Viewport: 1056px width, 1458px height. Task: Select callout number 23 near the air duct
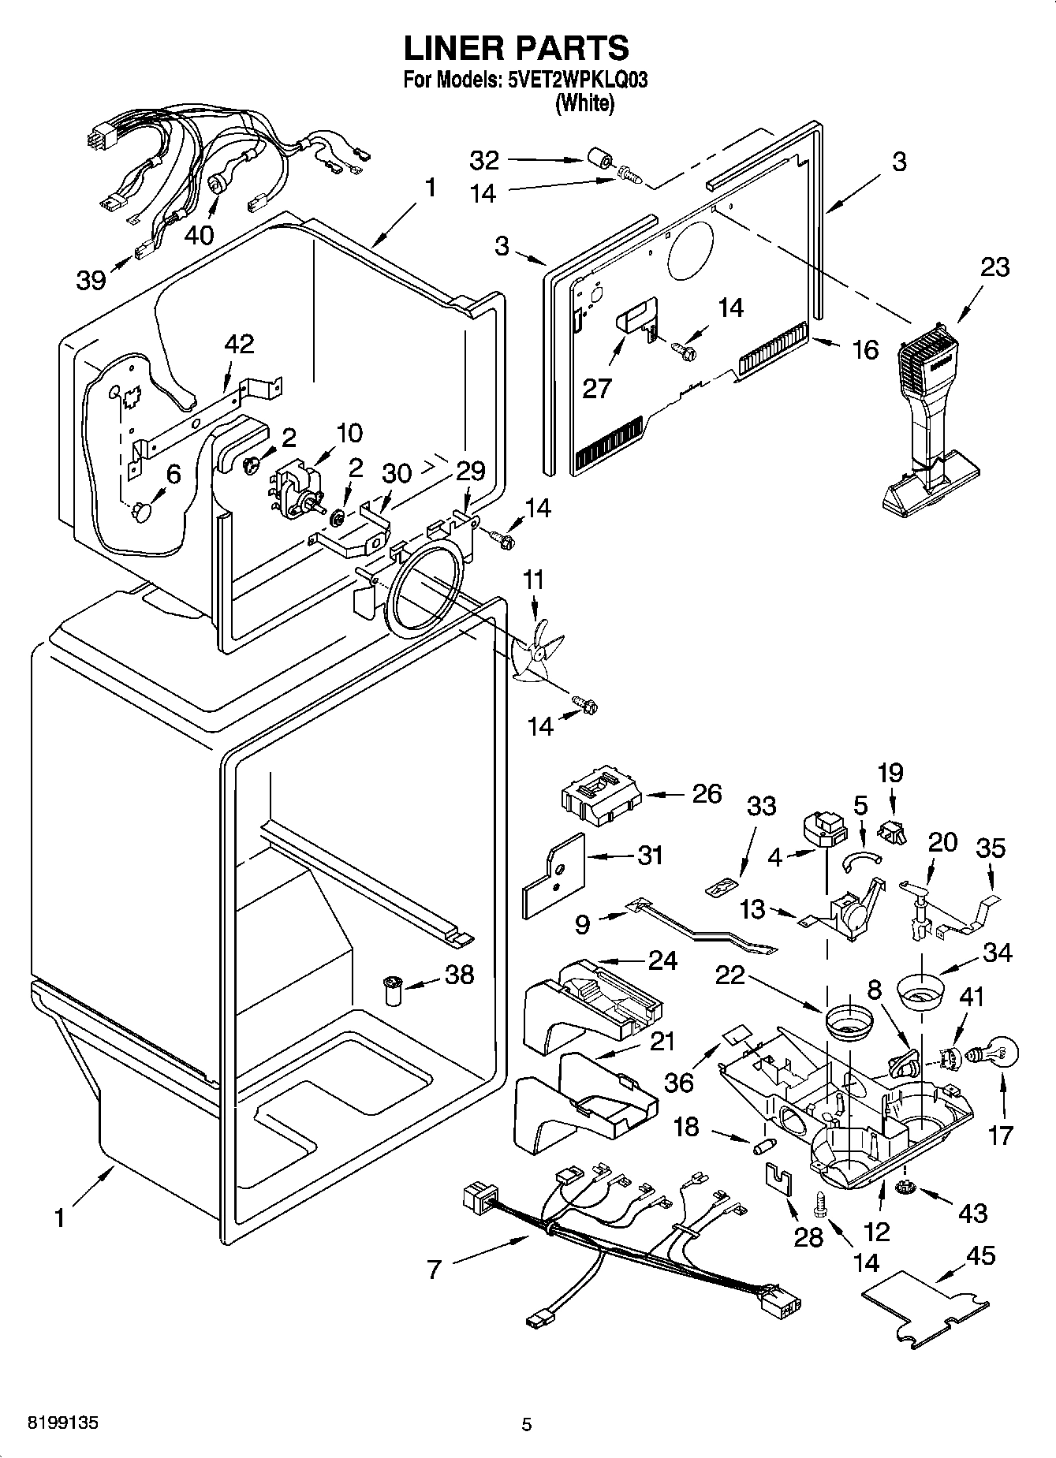point(994,267)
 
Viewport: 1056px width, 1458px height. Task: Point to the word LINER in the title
point(453,47)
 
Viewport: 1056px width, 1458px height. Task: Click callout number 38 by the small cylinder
point(459,975)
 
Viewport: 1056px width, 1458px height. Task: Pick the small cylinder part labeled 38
point(392,990)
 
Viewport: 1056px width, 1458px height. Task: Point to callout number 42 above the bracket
point(239,345)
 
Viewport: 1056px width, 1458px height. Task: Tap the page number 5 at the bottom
point(527,1424)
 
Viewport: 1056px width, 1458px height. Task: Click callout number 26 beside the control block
point(706,793)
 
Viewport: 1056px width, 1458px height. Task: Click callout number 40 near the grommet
point(200,233)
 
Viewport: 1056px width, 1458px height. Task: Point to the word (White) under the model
point(584,103)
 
